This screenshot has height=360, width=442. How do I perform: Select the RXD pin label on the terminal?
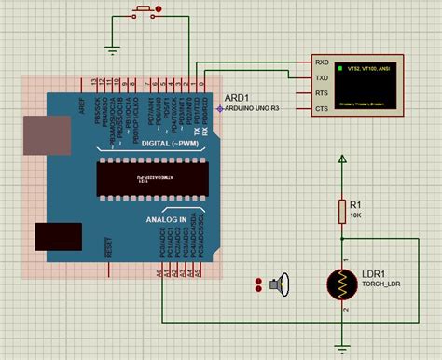322,63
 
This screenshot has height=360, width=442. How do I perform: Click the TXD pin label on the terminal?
322,79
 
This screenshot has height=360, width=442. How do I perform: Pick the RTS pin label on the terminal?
322,94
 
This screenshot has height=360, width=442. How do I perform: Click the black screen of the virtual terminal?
368,86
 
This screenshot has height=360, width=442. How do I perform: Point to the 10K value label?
357,215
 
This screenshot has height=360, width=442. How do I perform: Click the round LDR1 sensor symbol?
342,287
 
